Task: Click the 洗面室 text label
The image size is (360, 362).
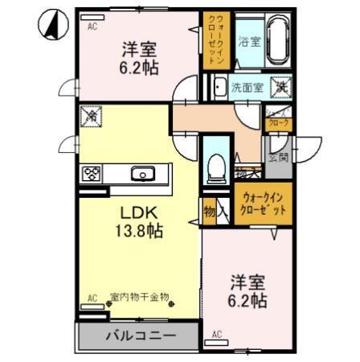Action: point(246,87)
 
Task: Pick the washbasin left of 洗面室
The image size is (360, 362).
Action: point(218,87)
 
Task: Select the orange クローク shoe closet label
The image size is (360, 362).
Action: point(278,120)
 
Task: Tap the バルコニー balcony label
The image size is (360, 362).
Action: point(139,335)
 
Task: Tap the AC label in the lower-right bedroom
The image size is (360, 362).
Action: point(216,333)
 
